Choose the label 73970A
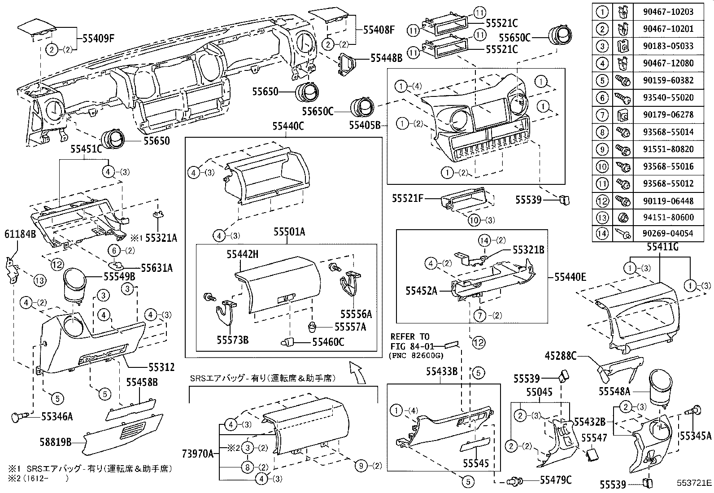point(198,454)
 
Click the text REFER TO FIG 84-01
point(410,341)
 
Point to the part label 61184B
point(20,234)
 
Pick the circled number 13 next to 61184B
point(39,281)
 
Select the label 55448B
point(386,58)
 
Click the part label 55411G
point(662,247)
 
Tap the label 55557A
point(350,327)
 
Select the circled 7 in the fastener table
point(602,115)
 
